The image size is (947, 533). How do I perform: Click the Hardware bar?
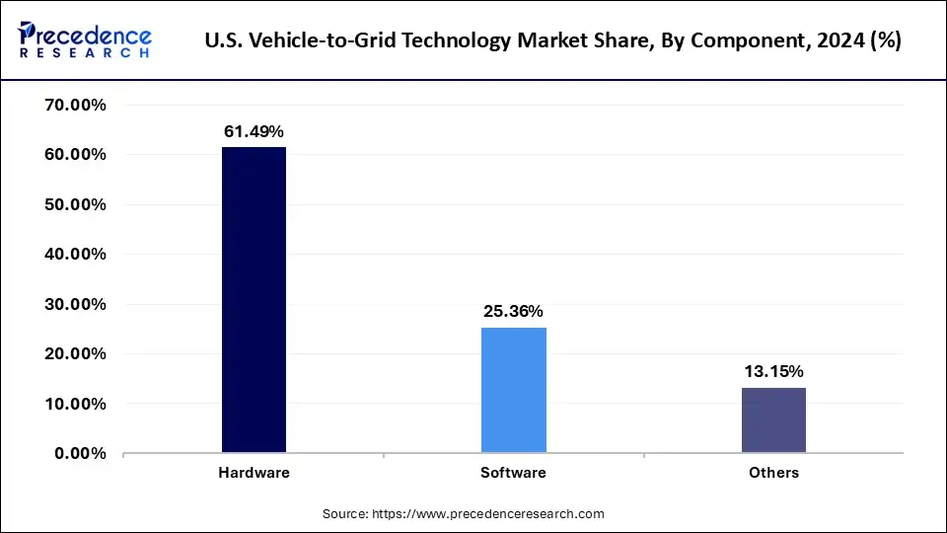pos(254,300)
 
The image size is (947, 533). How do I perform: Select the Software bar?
pos(513,390)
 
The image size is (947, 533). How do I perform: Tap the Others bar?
pos(773,420)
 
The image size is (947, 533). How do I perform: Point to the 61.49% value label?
pos(254,131)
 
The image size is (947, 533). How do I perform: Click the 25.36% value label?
pos(513,312)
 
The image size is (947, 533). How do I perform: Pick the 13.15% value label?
pos(773,372)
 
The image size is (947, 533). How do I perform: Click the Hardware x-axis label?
pos(254,473)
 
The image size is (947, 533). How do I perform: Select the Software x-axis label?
pos(513,473)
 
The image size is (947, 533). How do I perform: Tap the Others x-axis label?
pos(773,473)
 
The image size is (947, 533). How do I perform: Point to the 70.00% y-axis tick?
pos(75,106)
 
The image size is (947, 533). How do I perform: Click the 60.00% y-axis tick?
pos(75,155)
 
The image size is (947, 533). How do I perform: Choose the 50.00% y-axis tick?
pos(75,205)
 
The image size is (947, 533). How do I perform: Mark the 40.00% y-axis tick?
pos(75,255)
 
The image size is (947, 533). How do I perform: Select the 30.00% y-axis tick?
pos(75,305)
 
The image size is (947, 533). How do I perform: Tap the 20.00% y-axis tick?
pos(75,354)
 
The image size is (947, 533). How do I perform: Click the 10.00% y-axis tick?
pos(75,405)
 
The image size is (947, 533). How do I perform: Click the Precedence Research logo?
pos(85,39)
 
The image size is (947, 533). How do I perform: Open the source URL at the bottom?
pos(512,514)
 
